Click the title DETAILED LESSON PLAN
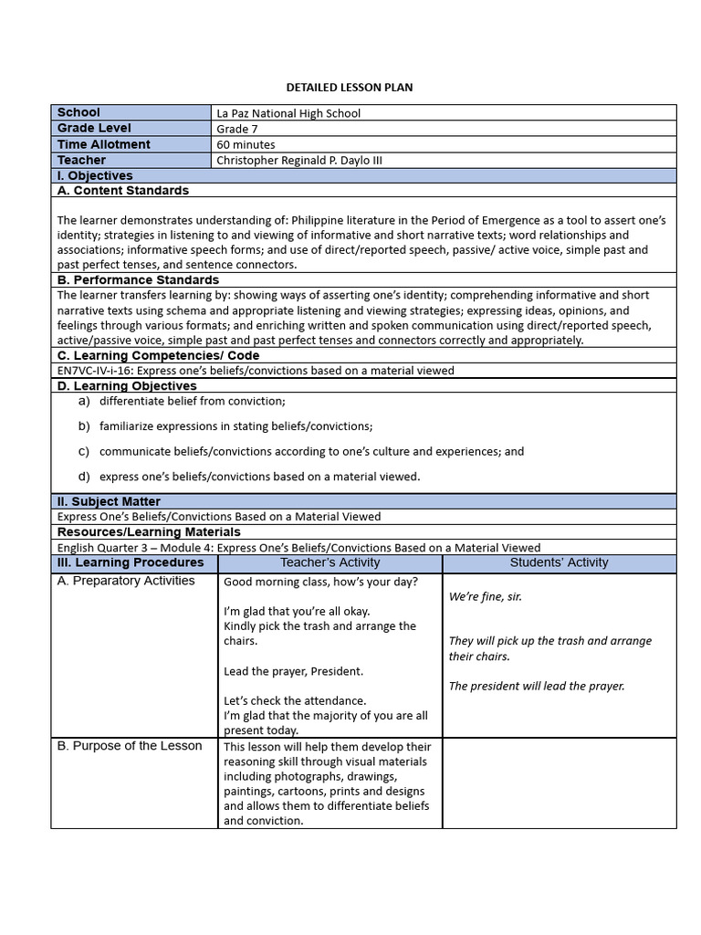click(350, 88)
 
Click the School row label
click(79, 112)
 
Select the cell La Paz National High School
click(288, 113)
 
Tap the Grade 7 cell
click(238, 129)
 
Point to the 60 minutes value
click(246, 144)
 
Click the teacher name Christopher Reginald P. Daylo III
click(299, 160)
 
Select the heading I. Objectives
click(95, 175)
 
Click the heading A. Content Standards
click(123, 191)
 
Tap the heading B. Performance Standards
click(138, 279)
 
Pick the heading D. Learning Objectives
click(127, 386)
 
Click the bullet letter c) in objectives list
click(84, 451)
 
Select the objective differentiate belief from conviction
click(193, 401)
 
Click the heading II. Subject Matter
click(109, 501)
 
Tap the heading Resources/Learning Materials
click(149, 531)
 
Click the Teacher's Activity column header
click(330, 562)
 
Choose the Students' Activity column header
click(559, 562)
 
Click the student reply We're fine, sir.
click(486, 596)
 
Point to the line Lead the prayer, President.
click(293, 671)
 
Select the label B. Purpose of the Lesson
click(130, 746)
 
